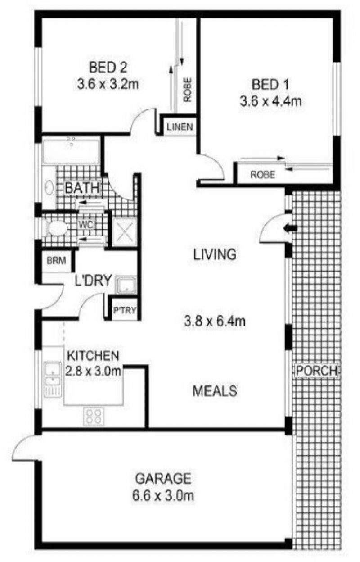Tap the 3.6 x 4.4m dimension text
(x=270, y=101)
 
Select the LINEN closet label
(x=180, y=127)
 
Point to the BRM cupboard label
(x=56, y=260)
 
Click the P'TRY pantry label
(x=125, y=310)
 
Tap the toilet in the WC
(x=56, y=228)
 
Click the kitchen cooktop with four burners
(x=94, y=416)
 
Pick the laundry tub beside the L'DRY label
(x=126, y=285)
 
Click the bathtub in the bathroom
(x=71, y=150)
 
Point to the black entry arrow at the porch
(x=290, y=228)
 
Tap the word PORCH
(x=316, y=371)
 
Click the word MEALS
(x=215, y=390)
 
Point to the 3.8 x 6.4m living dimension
(x=215, y=322)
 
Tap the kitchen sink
(x=52, y=374)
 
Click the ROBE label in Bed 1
(x=262, y=175)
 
